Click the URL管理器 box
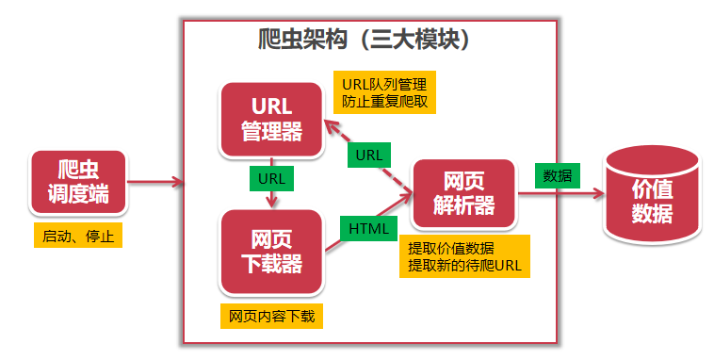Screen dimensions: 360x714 271,120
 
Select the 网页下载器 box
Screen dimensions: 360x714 271,251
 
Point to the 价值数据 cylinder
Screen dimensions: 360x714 652,200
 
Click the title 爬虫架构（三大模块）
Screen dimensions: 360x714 365,40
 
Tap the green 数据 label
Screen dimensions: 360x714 557,174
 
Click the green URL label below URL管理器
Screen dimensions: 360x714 272,176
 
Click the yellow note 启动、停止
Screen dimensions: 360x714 78,236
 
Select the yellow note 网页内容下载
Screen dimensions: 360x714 270,316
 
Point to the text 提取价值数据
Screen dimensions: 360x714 450,248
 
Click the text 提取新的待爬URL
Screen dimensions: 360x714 464,267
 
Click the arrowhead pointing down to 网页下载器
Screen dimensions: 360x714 272,201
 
